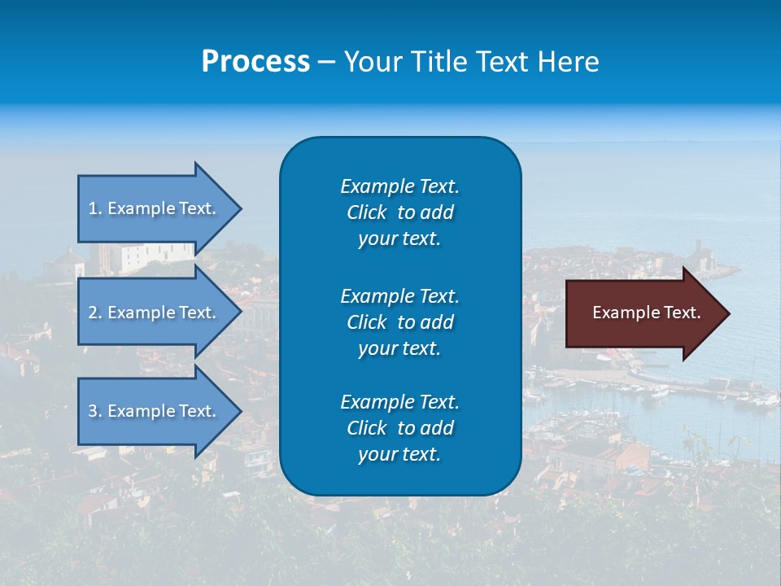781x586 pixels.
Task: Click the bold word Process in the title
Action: click(255, 62)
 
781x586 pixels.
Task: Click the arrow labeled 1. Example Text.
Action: click(155, 208)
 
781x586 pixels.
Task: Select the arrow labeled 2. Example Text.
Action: click(155, 313)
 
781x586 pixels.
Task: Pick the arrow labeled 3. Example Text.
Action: click(155, 411)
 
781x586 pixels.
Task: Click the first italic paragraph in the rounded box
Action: click(399, 212)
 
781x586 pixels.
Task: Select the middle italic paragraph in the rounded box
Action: click(399, 322)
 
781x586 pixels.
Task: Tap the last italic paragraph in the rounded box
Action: click(399, 428)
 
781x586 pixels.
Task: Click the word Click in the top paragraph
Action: click(366, 212)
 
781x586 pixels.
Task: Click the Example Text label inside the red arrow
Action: click(647, 313)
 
